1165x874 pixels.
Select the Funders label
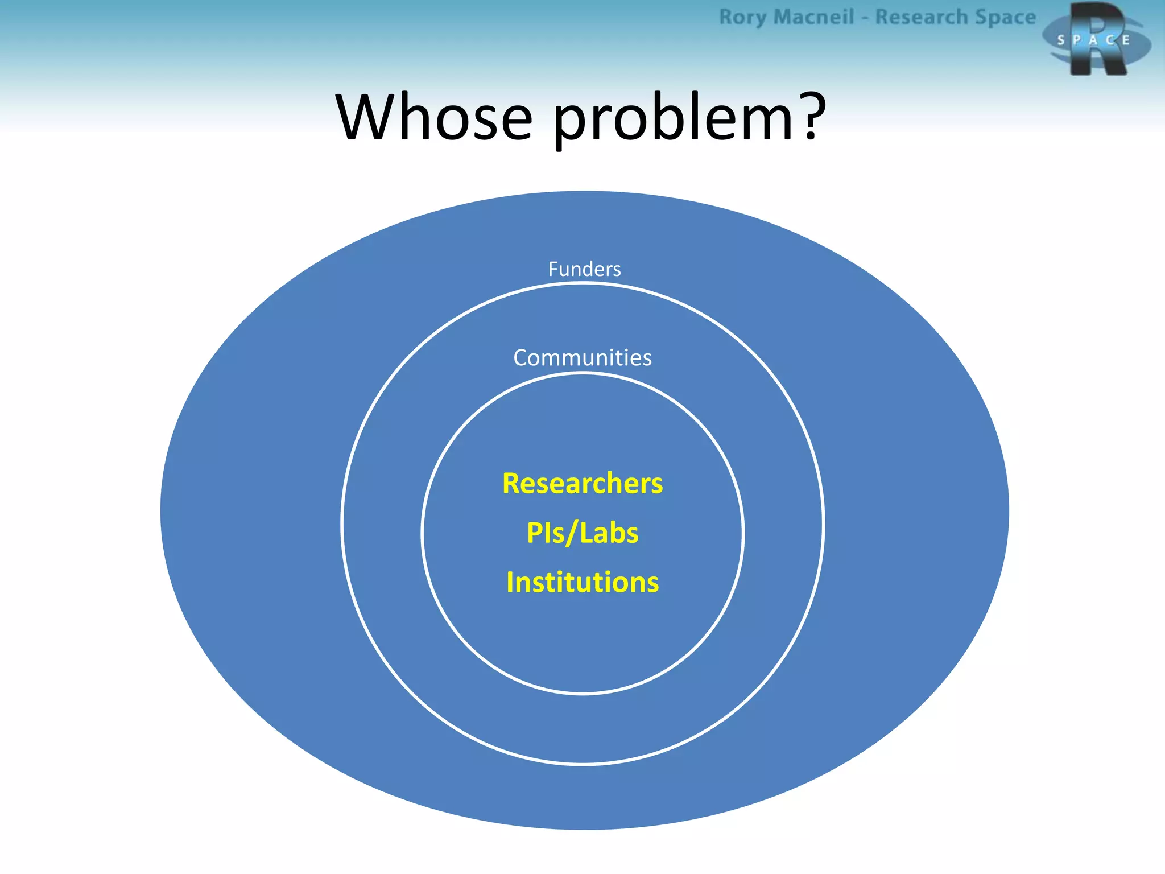[584, 269]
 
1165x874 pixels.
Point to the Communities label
[582, 358]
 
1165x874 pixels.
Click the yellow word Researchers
[582, 484]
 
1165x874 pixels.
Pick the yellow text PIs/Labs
[582, 533]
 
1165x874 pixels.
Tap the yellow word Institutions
[582, 583]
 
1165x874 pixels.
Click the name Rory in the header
[742, 17]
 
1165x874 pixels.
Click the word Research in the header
[922, 17]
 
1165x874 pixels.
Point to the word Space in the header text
[1005, 17]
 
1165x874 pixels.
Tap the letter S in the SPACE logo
[1060, 40]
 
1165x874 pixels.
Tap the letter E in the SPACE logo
[1126, 40]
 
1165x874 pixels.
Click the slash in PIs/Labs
[572, 533]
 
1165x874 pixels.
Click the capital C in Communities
[521, 358]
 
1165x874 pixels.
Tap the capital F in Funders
[552, 269]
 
